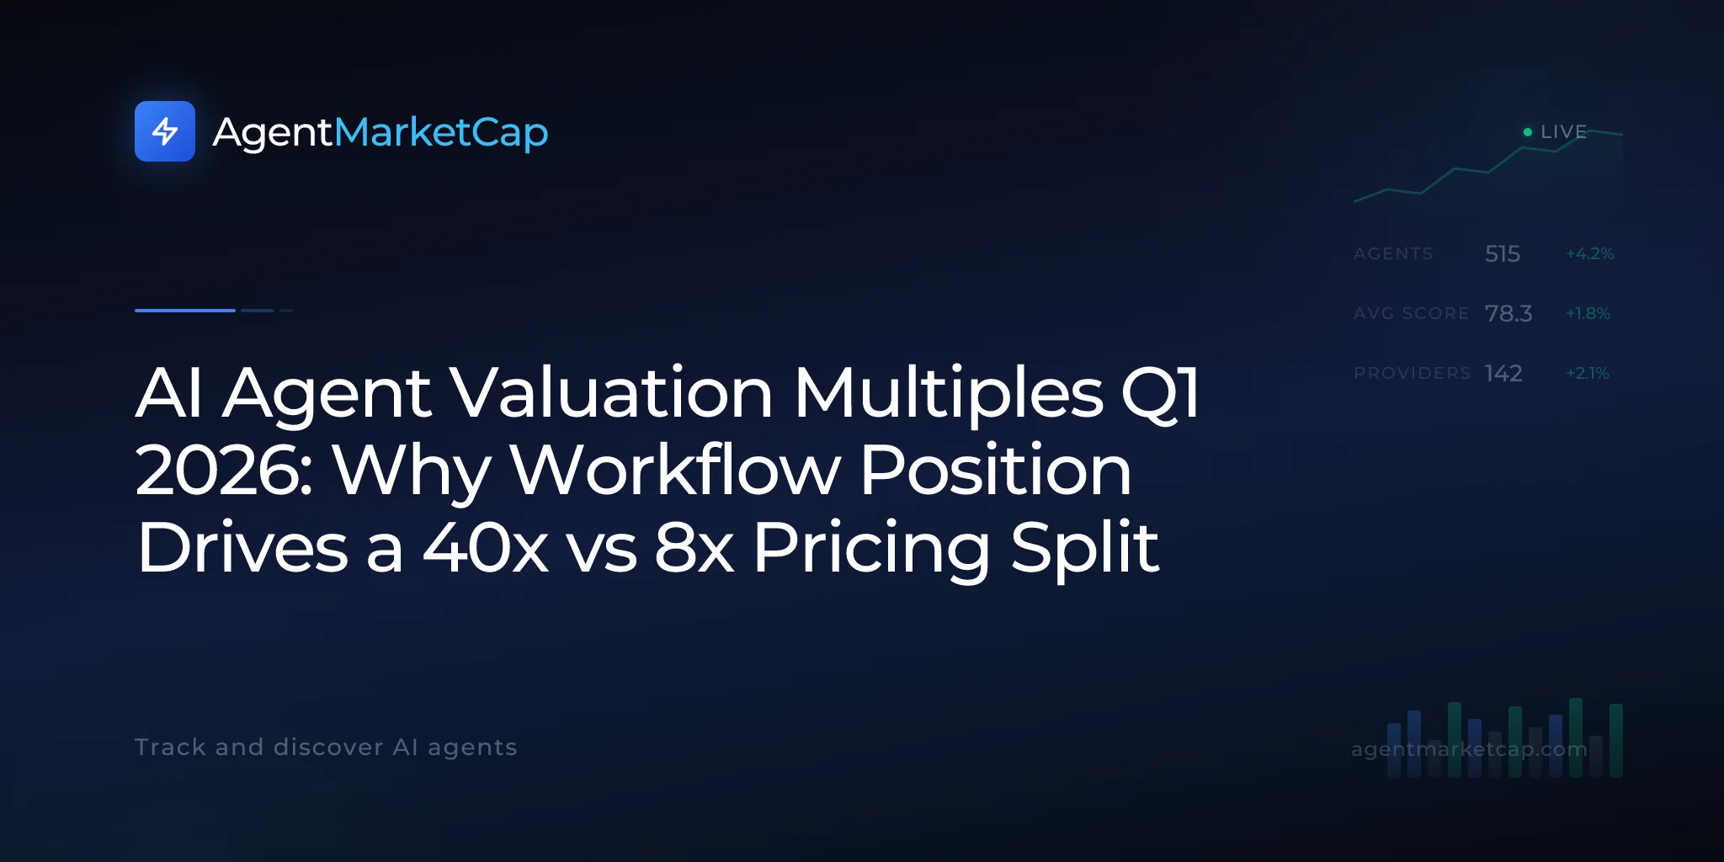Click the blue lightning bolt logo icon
click(165, 131)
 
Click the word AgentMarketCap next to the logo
click(380, 133)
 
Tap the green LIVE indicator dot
click(1528, 132)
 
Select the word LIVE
click(1563, 132)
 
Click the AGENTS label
click(1393, 253)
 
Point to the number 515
click(1503, 253)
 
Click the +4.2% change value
click(1589, 253)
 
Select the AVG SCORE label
click(1411, 313)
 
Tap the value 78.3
click(1508, 313)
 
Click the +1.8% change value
click(1588, 313)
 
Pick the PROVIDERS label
click(1413, 373)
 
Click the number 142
click(1503, 373)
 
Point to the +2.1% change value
click(1588, 373)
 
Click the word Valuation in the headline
click(612, 392)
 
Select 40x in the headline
click(486, 548)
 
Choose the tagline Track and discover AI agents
click(326, 748)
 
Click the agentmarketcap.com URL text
click(1469, 748)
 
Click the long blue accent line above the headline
click(185, 311)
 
